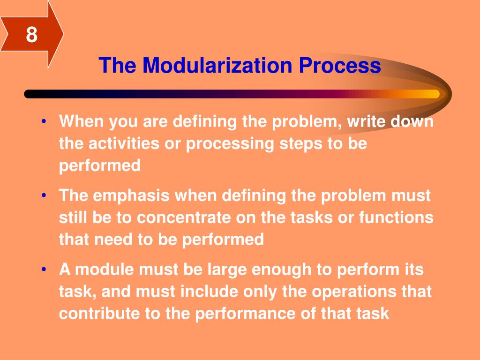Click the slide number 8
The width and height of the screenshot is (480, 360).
[31, 35]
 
